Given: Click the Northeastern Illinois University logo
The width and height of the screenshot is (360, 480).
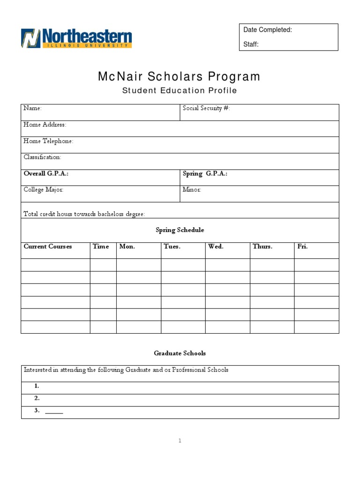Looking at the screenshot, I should coord(76,38).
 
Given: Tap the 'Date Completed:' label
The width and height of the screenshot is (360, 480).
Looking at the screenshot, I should coord(268,30).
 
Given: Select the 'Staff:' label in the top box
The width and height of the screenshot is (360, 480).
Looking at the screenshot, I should coord(251,45).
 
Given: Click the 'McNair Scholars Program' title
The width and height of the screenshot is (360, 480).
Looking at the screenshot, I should coord(179,76).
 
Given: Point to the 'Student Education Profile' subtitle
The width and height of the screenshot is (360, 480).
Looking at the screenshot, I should coord(180,90).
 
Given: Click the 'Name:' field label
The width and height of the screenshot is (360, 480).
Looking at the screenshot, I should coord(32,108).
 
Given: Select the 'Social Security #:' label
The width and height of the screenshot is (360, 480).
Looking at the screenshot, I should coord(206,108).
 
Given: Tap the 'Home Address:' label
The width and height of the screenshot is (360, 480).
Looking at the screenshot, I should coord(45,125).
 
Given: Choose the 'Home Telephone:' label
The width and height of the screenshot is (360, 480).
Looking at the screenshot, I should coord(48,141).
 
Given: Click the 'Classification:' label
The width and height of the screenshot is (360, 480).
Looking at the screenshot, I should coord(42,157).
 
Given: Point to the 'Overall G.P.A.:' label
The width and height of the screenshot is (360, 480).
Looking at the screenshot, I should coord(46,173).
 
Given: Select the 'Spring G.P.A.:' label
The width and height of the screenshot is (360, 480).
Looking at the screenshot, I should coord(205,173).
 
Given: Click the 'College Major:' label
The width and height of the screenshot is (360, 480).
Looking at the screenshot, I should coord(44,190).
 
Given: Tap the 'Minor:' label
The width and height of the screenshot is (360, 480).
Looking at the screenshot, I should coord(192,190).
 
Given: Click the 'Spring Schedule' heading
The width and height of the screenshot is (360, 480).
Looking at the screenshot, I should coord(180,230).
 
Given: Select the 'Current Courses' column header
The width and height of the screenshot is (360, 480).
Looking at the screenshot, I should coord(48,247).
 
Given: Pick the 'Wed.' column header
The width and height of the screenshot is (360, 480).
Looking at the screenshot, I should coord(216,247).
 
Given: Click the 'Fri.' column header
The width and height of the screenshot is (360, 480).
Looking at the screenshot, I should coord(302,247).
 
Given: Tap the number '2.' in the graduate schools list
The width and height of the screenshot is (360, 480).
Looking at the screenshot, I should coord(37,398).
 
